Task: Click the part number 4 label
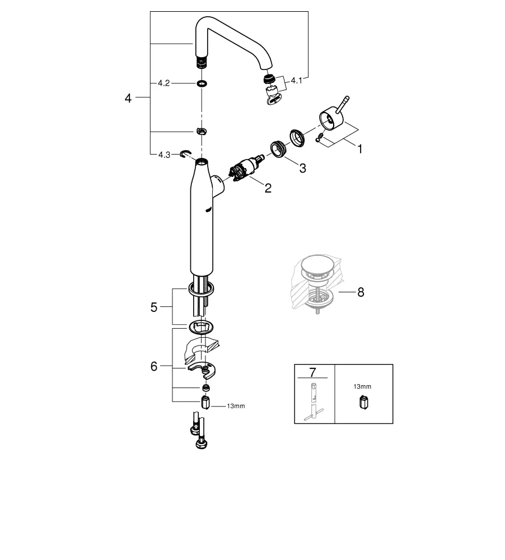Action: pyautogui.click(x=128, y=98)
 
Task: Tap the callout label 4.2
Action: pyautogui.click(x=163, y=83)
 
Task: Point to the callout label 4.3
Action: pyautogui.click(x=163, y=154)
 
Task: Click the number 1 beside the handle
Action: pyautogui.click(x=360, y=150)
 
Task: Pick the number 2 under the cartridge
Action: pyautogui.click(x=268, y=188)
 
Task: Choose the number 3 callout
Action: pyautogui.click(x=302, y=168)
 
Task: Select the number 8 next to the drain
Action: pyautogui.click(x=361, y=292)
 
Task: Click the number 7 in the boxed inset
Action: pyautogui.click(x=312, y=372)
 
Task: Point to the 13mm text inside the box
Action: pyautogui.click(x=362, y=386)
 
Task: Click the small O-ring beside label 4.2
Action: pyautogui.click(x=201, y=83)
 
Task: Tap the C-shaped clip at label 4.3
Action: pyautogui.click(x=185, y=153)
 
